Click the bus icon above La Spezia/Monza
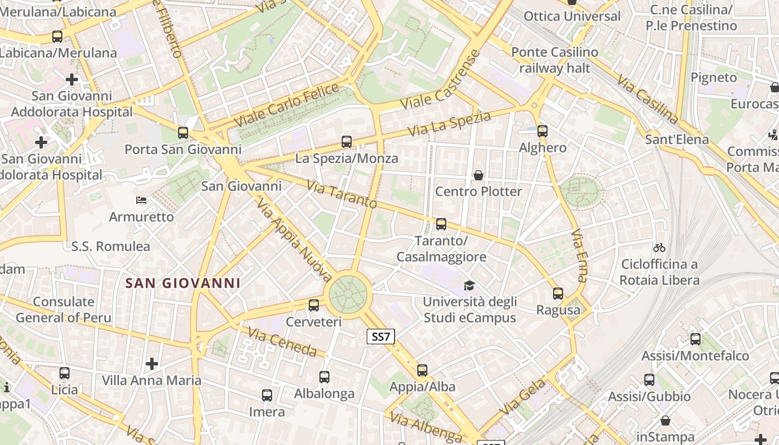347,142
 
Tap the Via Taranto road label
342,194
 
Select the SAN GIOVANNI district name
183,283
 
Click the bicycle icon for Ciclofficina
659,248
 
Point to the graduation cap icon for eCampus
469,286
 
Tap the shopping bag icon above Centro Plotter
478,176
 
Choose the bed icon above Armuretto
141,200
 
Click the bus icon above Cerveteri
314,305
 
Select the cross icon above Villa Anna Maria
151,364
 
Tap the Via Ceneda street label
283,342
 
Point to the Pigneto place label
713,77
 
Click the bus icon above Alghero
543,132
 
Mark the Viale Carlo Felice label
287,104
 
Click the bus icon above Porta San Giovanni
183,133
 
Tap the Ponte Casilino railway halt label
555,60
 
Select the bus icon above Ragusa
558,293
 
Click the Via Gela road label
523,397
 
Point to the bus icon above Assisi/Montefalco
696,339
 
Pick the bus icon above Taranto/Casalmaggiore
441,224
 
